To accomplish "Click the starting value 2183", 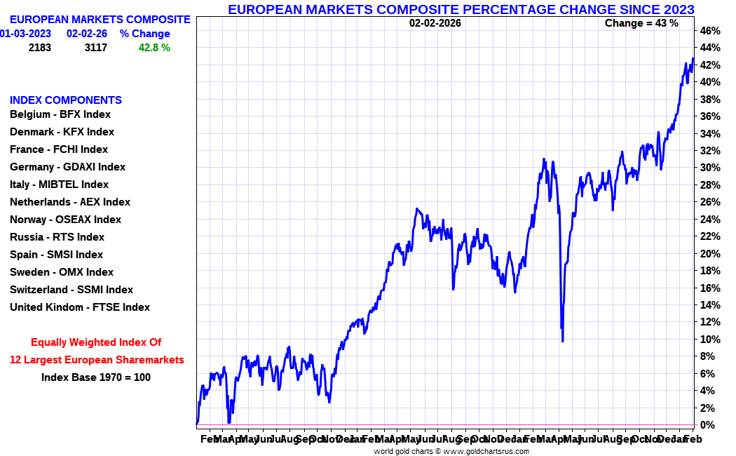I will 40,48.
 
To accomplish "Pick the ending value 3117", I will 95,48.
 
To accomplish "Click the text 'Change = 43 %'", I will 641,23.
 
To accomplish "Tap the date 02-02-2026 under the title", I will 435,23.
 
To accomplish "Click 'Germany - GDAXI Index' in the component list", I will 67,167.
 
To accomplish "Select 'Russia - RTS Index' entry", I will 57,237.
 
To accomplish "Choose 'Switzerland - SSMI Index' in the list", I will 71,290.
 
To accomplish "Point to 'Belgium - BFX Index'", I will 60,114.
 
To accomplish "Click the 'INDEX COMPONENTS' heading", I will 66,100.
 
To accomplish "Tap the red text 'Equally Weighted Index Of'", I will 96,342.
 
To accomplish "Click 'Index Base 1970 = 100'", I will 96,377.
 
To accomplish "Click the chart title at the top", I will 461,9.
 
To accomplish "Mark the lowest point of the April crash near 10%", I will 563,341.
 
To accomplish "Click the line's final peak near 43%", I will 693,58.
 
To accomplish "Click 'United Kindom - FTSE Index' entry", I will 80,307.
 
